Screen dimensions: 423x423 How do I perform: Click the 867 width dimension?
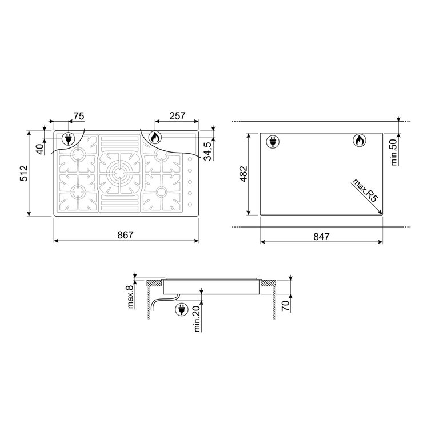click(125, 235)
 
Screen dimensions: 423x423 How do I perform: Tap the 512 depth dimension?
click(24, 173)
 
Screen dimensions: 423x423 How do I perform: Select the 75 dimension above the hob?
click(79, 116)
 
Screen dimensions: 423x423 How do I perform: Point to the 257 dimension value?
click(177, 116)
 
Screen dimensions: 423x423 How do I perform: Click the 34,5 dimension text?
click(207, 151)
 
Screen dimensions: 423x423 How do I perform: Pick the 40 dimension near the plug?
click(39, 149)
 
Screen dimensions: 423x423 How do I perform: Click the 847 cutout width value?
click(321, 237)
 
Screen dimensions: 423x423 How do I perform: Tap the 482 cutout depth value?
click(244, 174)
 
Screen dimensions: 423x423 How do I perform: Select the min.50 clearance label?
click(394, 152)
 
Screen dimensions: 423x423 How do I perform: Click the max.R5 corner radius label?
click(365, 190)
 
